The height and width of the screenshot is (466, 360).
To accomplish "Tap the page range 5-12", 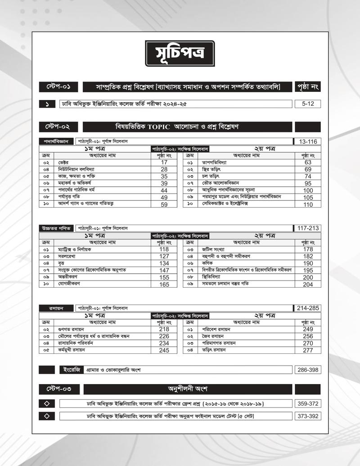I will click(308, 104).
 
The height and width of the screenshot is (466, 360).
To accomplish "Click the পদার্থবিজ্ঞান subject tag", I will click(55, 141).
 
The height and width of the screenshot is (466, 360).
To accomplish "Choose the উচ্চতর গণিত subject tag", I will click(55, 228).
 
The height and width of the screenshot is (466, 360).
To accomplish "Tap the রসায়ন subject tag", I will click(55, 308).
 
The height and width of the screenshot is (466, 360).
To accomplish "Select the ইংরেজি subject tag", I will click(71, 370).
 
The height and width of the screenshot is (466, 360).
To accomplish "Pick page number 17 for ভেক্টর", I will click(164, 162).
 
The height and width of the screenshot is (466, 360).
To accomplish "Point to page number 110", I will click(308, 204).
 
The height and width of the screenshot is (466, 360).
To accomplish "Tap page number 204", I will click(308, 285).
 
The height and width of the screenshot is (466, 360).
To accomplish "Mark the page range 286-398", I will click(308, 370).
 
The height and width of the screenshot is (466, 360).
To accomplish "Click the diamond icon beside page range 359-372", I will click(47, 403).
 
